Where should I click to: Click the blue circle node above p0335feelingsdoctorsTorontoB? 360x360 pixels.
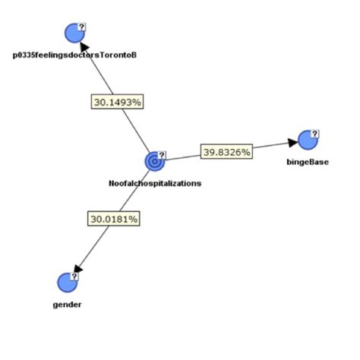[73, 33]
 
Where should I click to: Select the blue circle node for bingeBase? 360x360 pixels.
[306, 140]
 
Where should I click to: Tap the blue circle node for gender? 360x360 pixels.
[68, 283]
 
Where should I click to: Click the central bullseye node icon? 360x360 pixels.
[154, 161]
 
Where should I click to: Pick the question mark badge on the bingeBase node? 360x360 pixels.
[314, 133]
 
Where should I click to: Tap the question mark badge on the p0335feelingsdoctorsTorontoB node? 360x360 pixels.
[82, 27]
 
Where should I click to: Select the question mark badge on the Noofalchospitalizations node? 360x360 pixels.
[162, 155]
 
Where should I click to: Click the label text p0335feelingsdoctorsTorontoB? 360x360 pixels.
[74, 55]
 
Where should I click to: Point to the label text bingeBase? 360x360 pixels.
[308, 161]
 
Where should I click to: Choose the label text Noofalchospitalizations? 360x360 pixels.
[155, 182]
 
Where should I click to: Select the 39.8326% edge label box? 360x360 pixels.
[227, 152]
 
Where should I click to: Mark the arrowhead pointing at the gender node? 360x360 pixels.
[77, 269]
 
